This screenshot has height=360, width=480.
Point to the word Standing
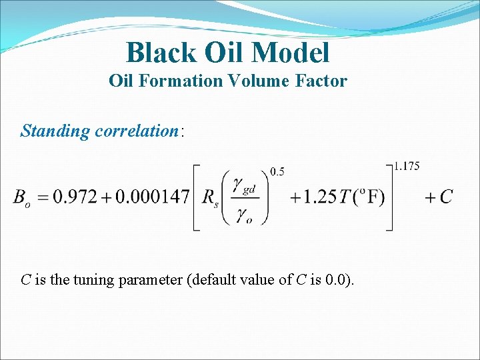click(55, 131)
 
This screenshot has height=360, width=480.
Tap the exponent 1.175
click(406, 166)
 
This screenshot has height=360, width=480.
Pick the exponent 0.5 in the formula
click(277, 172)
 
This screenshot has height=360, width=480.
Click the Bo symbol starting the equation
click(21, 198)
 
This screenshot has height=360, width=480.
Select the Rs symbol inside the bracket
click(211, 198)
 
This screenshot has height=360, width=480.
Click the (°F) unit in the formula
click(367, 197)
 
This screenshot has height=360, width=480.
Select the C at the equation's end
click(446, 197)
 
